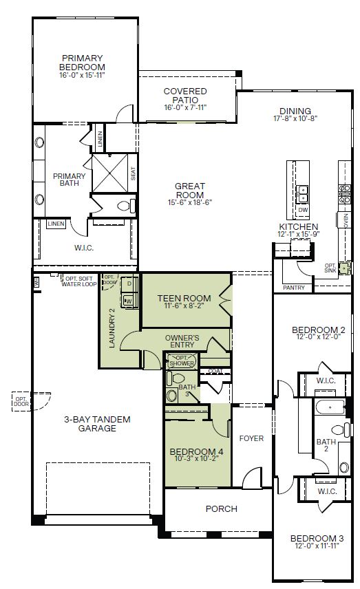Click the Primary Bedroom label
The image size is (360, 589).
pos(82,63)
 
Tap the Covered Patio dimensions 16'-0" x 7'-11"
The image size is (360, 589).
pos(186,108)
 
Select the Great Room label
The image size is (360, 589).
pos(189,190)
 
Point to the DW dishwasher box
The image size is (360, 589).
pos(302,210)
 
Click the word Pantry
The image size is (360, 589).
pos(293,287)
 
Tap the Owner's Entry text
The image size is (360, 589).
pos(182,341)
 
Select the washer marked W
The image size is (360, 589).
pos(128,301)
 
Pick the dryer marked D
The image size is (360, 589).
pos(128,284)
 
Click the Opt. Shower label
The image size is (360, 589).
pos(183,361)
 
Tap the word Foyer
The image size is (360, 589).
pos(251,438)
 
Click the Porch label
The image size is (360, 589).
pos(222,509)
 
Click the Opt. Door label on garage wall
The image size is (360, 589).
pos(21,400)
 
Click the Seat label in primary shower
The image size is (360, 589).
pos(134,174)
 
